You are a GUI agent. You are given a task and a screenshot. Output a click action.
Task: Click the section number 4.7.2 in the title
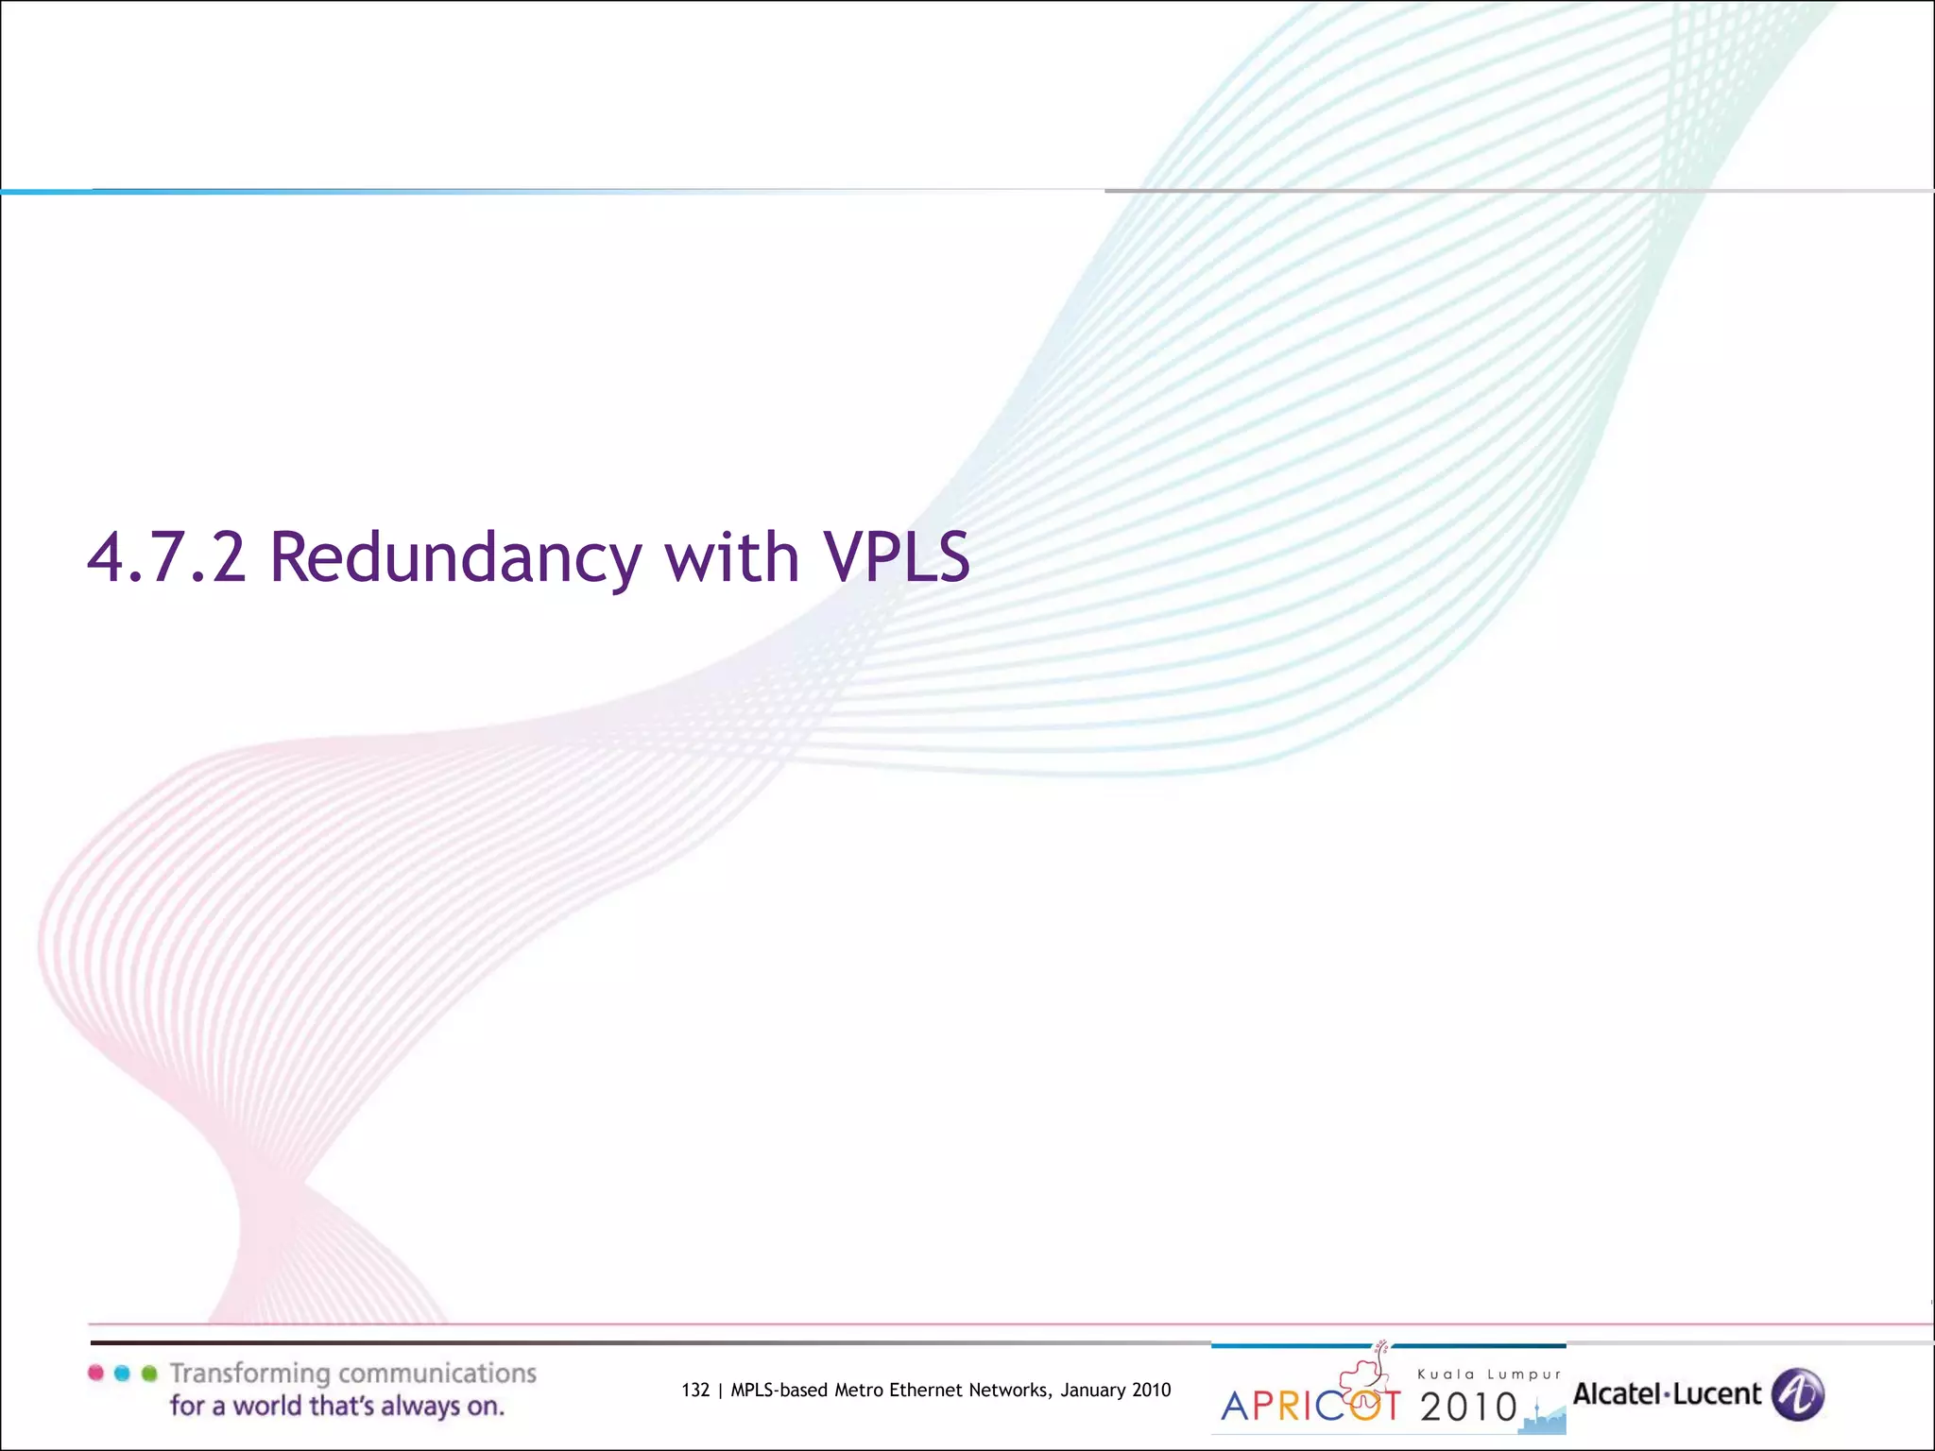coord(166,557)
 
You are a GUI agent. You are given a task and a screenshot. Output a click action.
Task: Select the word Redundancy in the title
coord(455,557)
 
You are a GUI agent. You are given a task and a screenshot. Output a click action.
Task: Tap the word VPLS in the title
coord(897,557)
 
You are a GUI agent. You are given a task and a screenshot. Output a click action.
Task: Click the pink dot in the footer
coord(95,1373)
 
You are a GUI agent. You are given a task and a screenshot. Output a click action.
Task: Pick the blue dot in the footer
coord(122,1373)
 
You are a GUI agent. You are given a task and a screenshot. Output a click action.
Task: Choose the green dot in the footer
coord(148,1373)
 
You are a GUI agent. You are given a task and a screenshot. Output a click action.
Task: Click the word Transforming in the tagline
coord(250,1374)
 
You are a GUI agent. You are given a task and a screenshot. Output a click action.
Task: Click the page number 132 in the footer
coord(694,1390)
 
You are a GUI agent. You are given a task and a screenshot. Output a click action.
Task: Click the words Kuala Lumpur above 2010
coord(1489,1374)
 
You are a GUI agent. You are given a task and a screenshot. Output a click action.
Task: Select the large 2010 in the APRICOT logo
coord(1468,1408)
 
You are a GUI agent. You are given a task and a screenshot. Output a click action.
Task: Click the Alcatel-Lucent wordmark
coord(1667,1394)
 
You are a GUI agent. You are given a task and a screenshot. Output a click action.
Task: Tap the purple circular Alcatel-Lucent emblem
coord(1797,1394)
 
